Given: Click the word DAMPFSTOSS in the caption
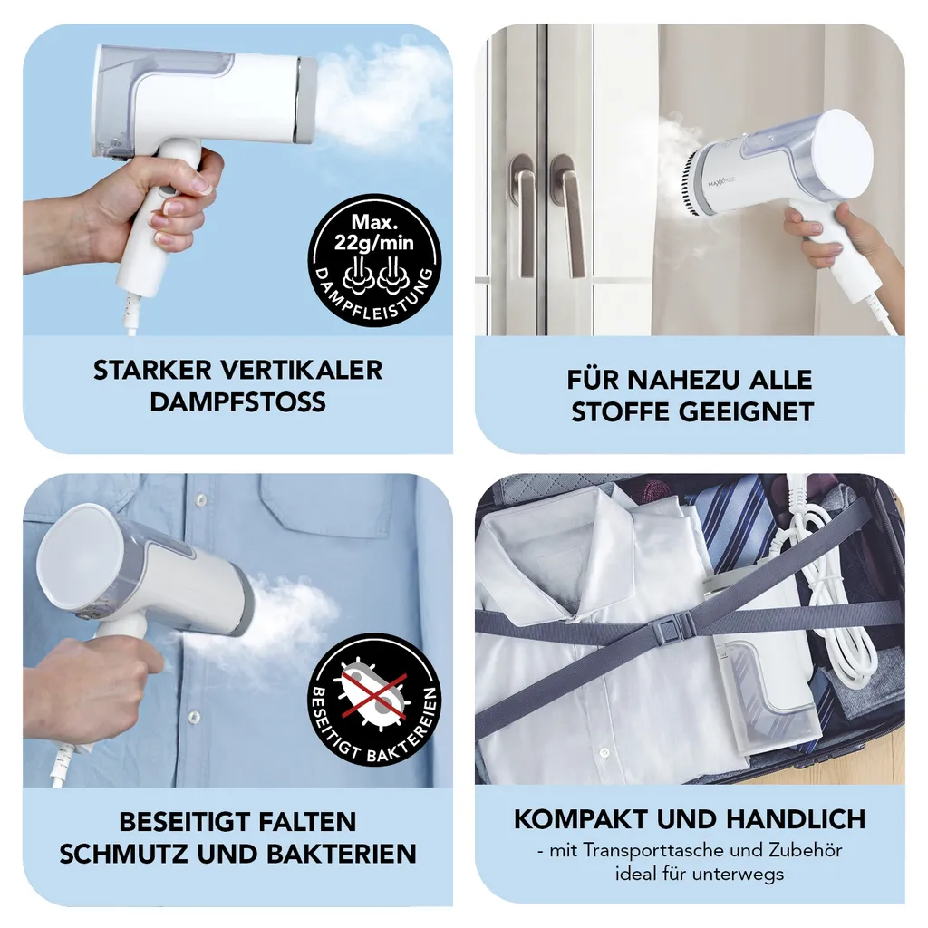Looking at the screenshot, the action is click(237, 402).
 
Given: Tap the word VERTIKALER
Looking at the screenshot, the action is click(302, 371).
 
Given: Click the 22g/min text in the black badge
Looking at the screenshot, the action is click(374, 243).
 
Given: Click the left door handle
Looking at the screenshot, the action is click(523, 214).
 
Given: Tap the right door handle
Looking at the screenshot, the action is click(567, 214).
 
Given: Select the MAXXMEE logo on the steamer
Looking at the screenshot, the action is click(721, 181).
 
